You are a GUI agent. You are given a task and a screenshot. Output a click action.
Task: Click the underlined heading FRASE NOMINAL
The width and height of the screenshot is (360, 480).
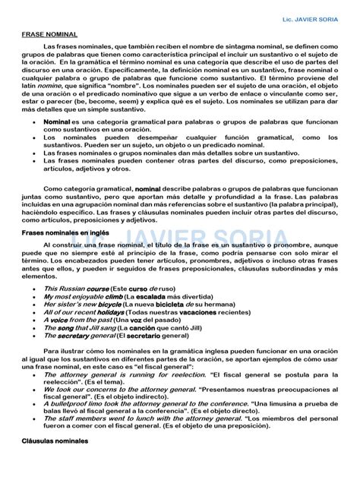pos(46,35)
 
